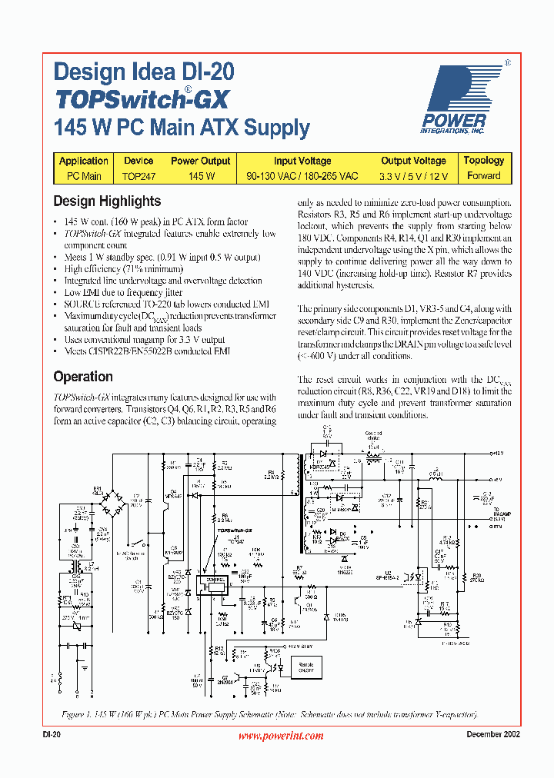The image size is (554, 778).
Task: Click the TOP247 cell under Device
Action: click(x=138, y=176)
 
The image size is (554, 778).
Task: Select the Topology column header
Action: click(x=483, y=161)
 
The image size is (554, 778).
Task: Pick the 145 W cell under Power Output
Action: click(x=200, y=176)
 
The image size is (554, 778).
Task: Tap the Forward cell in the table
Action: click(x=483, y=176)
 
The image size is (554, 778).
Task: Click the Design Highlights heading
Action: click(x=107, y=201)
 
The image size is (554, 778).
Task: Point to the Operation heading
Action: click(x=83, y=377)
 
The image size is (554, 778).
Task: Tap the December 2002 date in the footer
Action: click(x=493, y=735)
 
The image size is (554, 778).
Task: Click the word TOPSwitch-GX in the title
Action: click(x=142, y=100)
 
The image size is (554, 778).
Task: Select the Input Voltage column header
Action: click(x=302, y=161)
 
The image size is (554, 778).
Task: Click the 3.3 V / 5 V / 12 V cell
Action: click(x=413, y=176)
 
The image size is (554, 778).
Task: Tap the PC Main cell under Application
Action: click(x=83, y=176)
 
